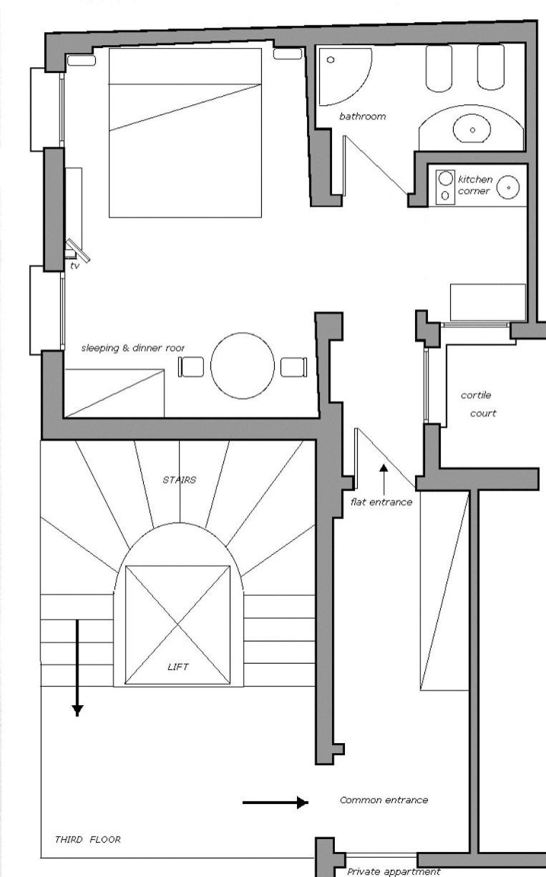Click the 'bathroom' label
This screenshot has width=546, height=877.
coord(362,116)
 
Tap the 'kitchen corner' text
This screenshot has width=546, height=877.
coord(475,185)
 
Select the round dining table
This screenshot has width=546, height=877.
coord(243,366)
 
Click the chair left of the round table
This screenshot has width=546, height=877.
coord(191,367)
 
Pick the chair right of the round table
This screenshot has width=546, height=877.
coord(294,367)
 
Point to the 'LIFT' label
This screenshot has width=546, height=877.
coord(178,667)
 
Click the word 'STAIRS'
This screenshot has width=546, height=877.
coord(180,480)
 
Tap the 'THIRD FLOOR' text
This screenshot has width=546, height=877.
coord(88,839)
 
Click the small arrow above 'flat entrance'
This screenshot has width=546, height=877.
coord(384,480)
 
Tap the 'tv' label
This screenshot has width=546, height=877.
coord(74,266)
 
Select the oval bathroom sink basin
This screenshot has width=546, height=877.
coord(472,129)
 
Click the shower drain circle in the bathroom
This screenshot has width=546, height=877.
coord(331,60)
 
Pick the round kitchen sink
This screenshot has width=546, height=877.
coord(508,188)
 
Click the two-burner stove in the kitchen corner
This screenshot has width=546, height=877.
coord(445,187)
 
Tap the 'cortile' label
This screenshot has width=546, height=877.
coord(476,395)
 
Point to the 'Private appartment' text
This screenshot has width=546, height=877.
coord(394,871)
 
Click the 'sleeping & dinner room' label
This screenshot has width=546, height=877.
coord(132,348)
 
